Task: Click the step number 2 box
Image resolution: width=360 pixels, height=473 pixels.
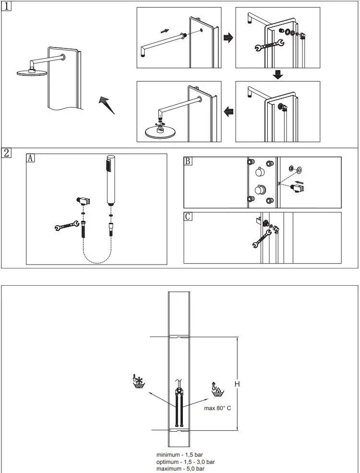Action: (x=6, y=154)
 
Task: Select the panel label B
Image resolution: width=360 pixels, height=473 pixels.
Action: (x=188, y=161)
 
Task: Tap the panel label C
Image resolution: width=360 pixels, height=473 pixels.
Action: (x=188, y=217)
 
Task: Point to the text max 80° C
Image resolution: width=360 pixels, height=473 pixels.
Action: (x=218, y=408)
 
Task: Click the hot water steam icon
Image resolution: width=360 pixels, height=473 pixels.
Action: (x=217, y=388)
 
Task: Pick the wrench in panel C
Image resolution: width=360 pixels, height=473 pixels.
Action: (x=260, y=238)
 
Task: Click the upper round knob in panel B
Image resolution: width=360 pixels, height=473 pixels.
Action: (x=260, y=172)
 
